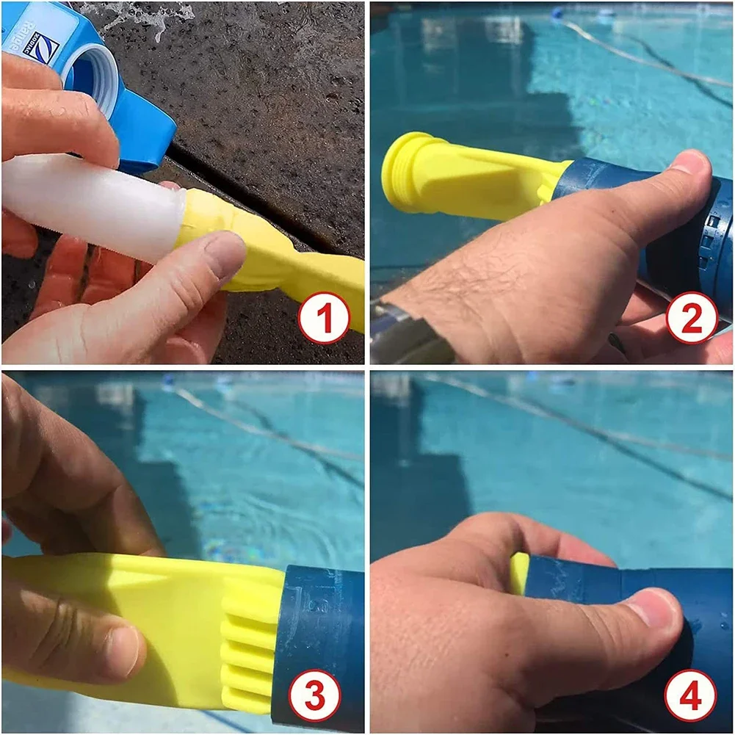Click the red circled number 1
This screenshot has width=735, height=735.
click(x=323, y=317)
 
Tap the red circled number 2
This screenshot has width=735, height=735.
click(x=691, y=317)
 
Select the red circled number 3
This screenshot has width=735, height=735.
click(x=314, y=693)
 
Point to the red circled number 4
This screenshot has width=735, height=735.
click(x=690, y=693)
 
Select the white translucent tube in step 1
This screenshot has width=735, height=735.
click(x=88, y=202)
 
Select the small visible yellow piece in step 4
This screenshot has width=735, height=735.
click(x=519, y=573)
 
